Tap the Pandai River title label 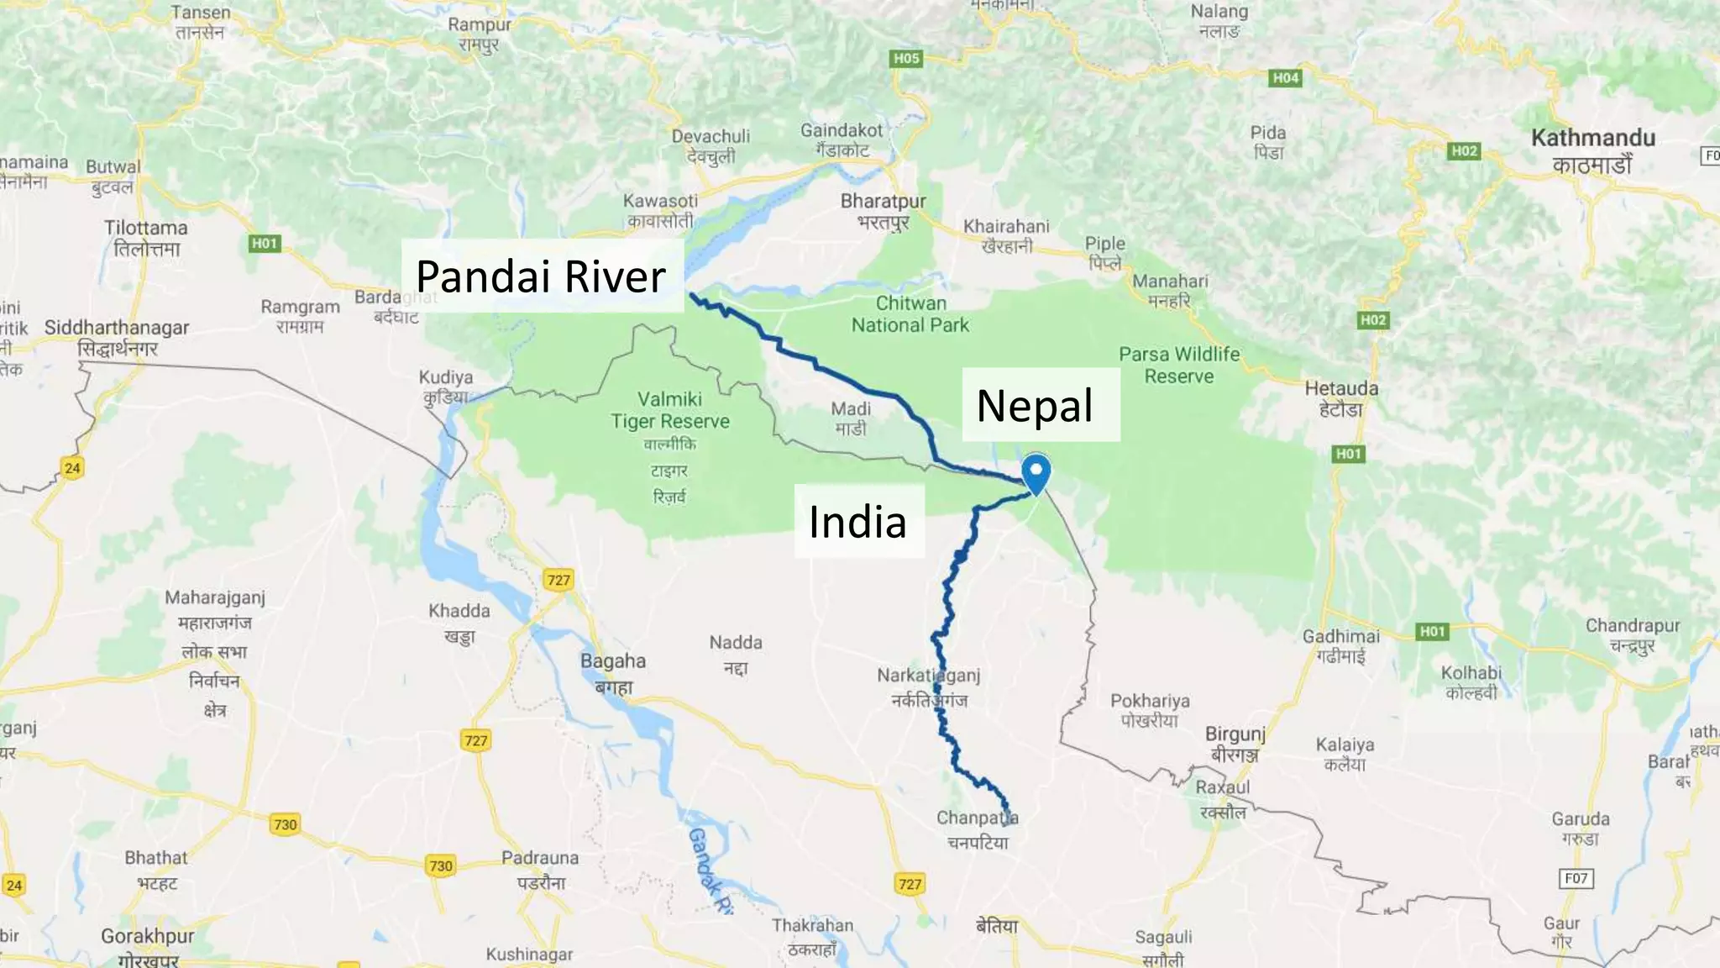click(x=541, y=276)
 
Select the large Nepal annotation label click(x=1035, y=406)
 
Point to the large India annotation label click(x=857, y=522)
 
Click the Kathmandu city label click(x=1592, y=150)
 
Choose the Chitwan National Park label click(x=910, y=314)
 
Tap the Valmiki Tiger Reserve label click(x=669, y=410)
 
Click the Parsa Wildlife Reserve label click(x=1179, y=366)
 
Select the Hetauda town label click(x=1341, y=398)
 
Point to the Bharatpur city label click(x=883, y=211)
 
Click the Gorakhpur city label click(x=148, y=945)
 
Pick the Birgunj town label click(x=1235, y=744)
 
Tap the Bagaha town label click(x=613, y=672)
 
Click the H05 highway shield click(x=906, y=58)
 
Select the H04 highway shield click(x=1286, y=78)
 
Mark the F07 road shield click(x=1576, y=878)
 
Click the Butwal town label click(x=113, y=176)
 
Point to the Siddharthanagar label click(x=117, y=337)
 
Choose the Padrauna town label click(x=540, y=869)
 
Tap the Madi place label click(x=851, y=418)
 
